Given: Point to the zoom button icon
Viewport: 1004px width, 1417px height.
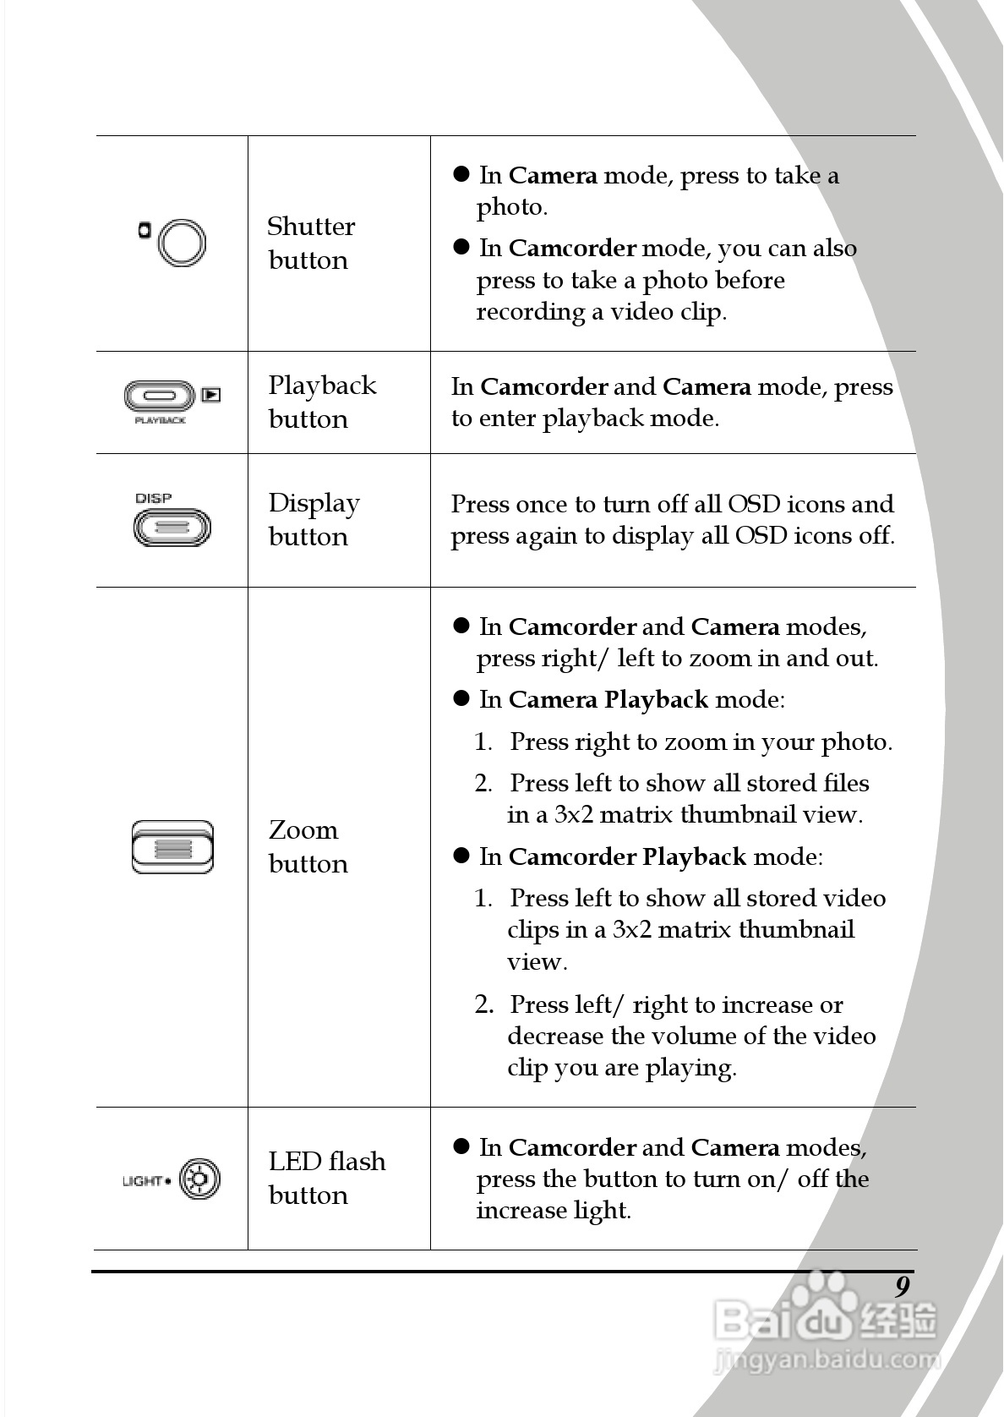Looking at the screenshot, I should [x=172, y=847].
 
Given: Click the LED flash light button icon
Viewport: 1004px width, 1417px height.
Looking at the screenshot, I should [x=199, y=1179].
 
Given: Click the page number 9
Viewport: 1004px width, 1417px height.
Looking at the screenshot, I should [x=903, y=1286].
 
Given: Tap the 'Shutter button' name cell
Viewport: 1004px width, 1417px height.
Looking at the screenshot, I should [x=310, y=243].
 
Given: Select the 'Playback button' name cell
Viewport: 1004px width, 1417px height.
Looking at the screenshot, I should [x=321, y=402].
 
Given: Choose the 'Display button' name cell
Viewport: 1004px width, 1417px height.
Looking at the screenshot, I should [x=314, y=519].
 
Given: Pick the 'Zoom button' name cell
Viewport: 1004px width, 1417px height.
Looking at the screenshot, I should [x=308, y=846].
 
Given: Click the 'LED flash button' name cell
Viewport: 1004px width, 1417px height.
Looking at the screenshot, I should [x=326, y=1178].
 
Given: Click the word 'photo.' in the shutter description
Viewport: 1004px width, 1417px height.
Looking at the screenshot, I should [x=512, y=207].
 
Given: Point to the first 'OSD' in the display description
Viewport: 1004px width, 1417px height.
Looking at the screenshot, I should [x=754, y=504].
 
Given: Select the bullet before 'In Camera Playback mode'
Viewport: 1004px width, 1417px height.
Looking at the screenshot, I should [x=461, y=698].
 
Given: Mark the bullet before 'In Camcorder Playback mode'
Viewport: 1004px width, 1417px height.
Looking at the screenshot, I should [x=461, y=856].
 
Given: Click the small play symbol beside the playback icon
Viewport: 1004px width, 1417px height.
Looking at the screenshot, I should [x=211, y=394].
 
